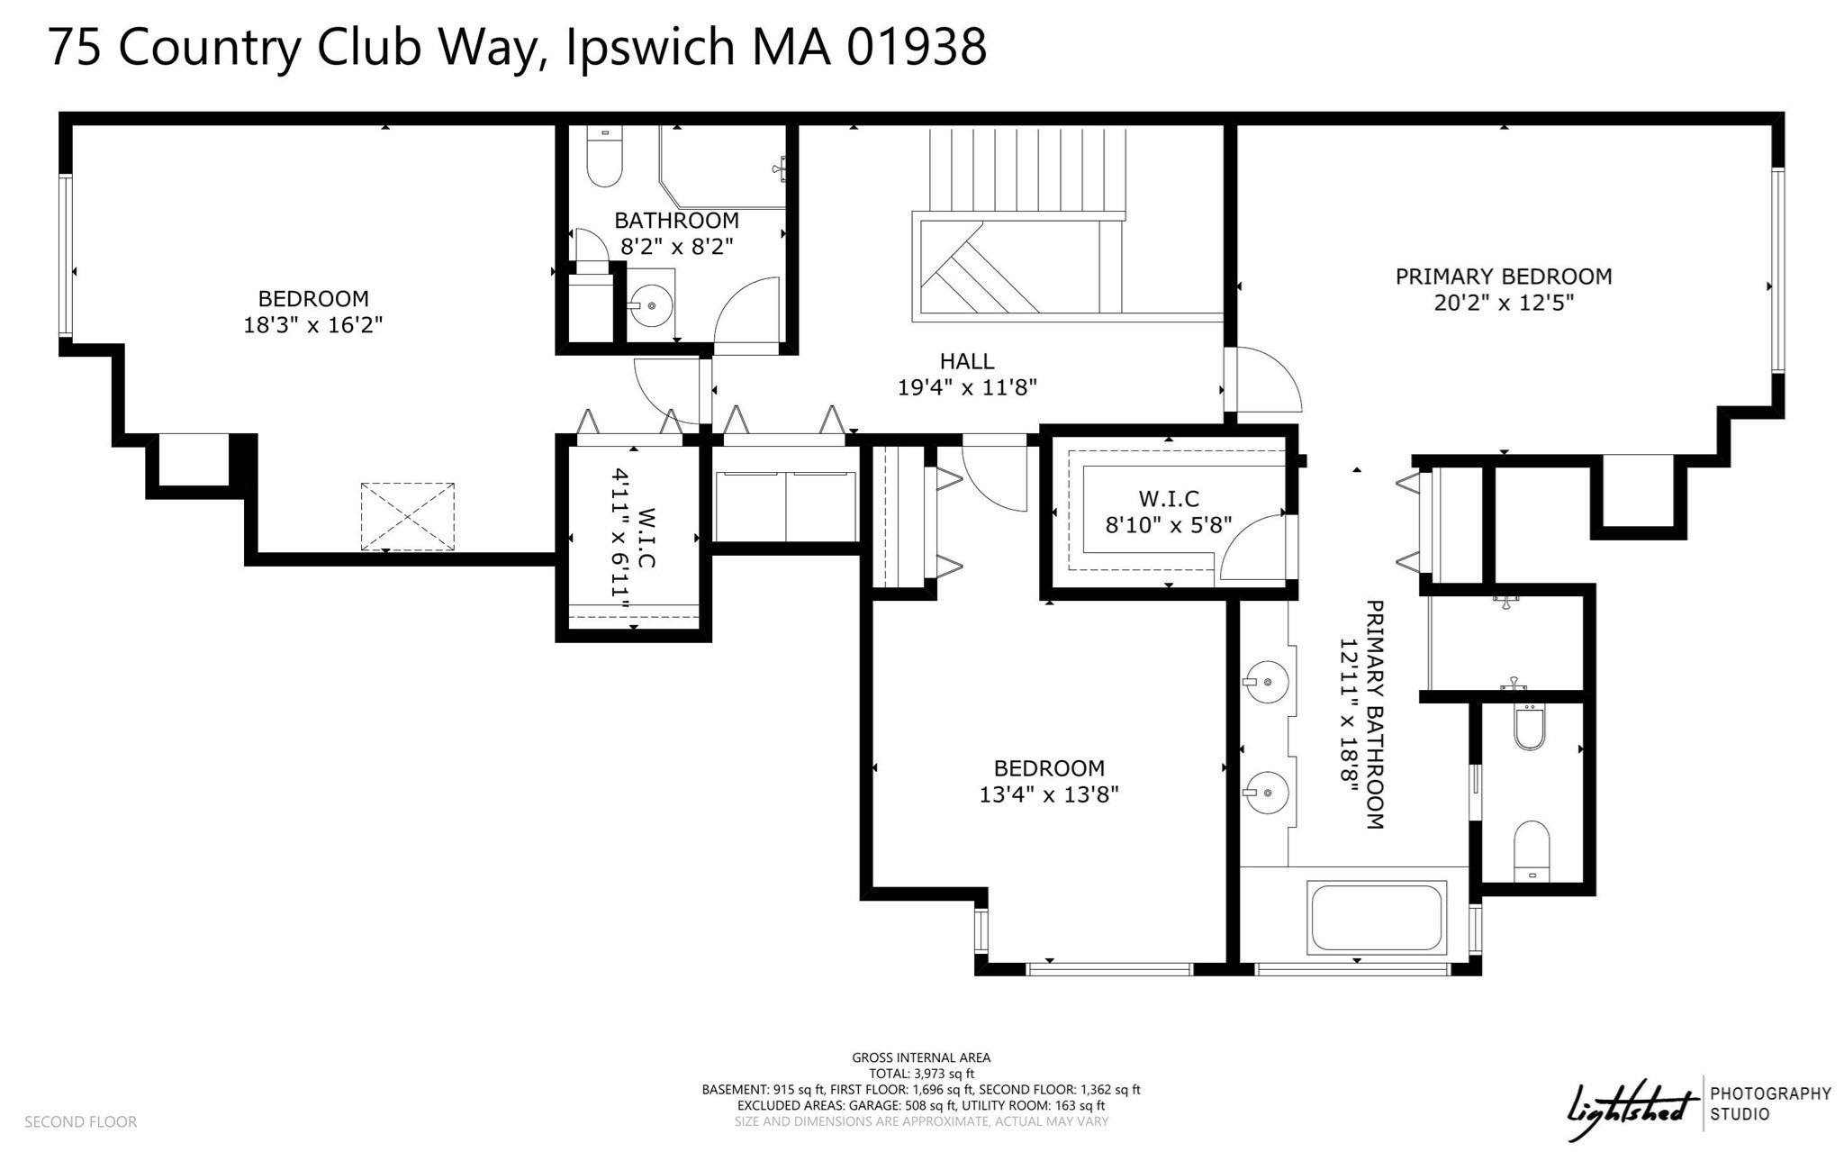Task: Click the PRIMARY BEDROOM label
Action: [x=1503, y=277]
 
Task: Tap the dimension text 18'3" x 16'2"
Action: [x=313, y=325]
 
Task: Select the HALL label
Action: [x=967, y=361]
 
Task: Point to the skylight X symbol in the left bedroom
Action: [x=408, y=516]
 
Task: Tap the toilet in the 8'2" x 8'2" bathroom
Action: [x=604, y=158]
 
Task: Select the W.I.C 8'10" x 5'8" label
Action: [x=1169, y=512]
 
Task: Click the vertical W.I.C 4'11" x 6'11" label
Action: [x=634, y=538]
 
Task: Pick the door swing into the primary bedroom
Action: [x=1265, y=383]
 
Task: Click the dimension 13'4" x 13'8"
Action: [x=1049, y=794]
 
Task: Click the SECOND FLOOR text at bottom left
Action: [x=80, y=1121]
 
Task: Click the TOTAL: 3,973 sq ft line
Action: [x=920, y=1074]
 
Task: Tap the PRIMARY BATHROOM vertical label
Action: [x=1361, y=713]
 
